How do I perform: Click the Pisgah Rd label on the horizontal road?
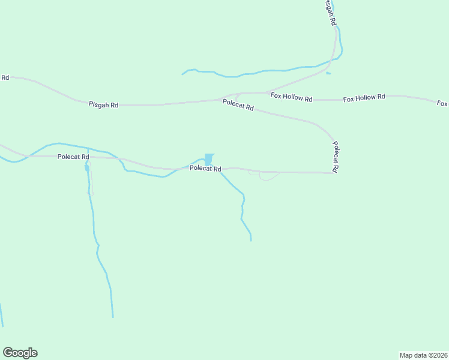pyautogui.click(x=104, y=105)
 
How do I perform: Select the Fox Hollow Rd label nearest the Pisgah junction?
pyautogui.click(x=291, y=98)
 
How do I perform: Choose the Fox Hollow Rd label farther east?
pyautogui.click(x=364, y=98)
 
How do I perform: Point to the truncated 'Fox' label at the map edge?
pyautogui.click(x=442, y=104)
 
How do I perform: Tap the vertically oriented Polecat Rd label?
pyautogui.click(x=336, y=157)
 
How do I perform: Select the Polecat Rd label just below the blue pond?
pyautogui.click(x=206, y=169)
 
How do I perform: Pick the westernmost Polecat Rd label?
pyautogui.click(x=73, y=157)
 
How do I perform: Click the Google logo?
pyautogui.click(x=20, y=353)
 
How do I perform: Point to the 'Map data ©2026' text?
pyautogui.click(x=423, y=355)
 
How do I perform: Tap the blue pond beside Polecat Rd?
pyautogui.click(x=209, y=159)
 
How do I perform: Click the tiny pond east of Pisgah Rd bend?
pyautogui.click(x=328, y=74)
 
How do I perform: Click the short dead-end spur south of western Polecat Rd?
pyautogui.click(x=91, y=180)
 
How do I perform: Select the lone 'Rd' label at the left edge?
pyautogui.click(x=5, y=77)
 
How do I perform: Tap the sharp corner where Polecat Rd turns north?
pyautogui.click(x=333, y=173)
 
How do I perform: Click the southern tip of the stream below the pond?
pyautogui.click(x=251, y=241)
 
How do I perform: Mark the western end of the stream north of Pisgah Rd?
pyautogui.click(x=182, y=74)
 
